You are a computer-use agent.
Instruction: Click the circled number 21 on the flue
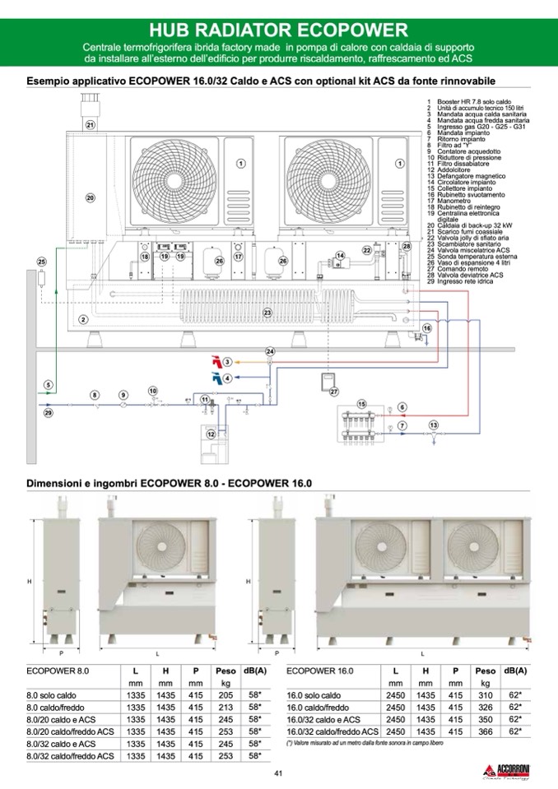[x=91, y=125]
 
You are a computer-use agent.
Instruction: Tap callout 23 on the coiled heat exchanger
[x=267, y=313]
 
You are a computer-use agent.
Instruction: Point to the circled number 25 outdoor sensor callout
[x=42, y=262]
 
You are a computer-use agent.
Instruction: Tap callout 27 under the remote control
[x=334, y=392]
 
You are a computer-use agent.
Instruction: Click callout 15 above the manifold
[x=361, y=404]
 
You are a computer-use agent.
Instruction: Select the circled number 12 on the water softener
[x=212, y=433]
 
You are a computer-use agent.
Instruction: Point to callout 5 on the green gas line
[x=49, y=384]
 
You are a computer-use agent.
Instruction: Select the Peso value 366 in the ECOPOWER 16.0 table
[x=486, y=731]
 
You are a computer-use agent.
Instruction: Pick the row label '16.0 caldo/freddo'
[x=314, y=707]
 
